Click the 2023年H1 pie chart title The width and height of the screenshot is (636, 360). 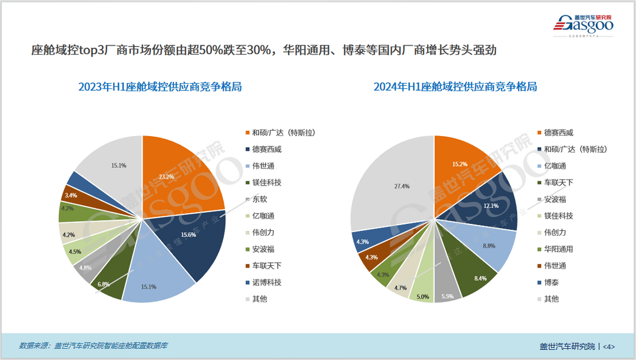pos(160,87)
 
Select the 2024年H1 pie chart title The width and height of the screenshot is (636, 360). pos(455,87)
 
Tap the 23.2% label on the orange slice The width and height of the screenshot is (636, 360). pos(166,176)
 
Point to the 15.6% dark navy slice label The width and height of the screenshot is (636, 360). pos(189,235)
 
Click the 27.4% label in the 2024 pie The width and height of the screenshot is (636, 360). pos(402,186)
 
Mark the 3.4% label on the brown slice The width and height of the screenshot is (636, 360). pos(71,194)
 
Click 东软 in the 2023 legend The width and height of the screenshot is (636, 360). pos(259,199)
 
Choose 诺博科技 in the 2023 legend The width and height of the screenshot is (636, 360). pos(267,282)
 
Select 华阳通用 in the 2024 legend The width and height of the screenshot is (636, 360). pos(558,249)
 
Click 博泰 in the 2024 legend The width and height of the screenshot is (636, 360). pos(551,282)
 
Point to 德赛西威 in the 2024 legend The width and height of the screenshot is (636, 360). pos(558,133)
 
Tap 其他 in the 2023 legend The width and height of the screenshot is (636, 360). pos(259,299)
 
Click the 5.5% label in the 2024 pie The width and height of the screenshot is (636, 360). pos(447,297)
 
